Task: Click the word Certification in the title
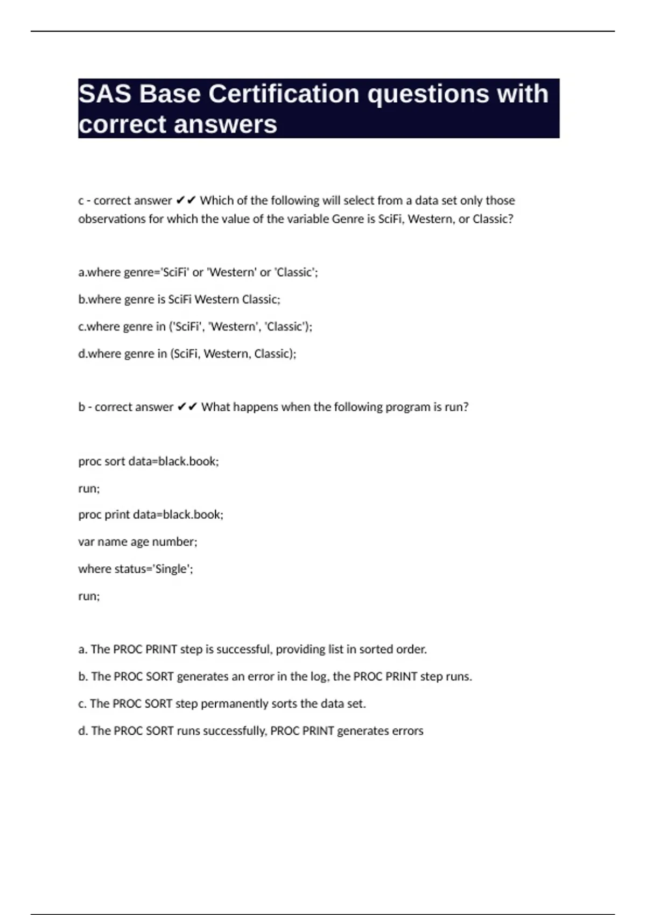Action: click(x=283, y=94)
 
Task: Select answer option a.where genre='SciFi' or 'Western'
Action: click(x=198, y=272)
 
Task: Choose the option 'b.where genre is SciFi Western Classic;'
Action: click(x=179, y=299)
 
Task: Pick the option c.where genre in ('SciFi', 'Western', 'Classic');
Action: click(x=195, y=327)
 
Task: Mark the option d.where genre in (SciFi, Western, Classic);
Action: click(x=187, y=354)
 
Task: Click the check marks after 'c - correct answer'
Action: click(x=186, y=201)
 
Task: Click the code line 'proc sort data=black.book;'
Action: click(x=149, y=461)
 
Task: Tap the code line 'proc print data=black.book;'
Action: click(x=151, y=515)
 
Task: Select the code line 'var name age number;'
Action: click(x=138, y=541)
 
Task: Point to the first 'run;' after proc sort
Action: click(x=89, y=488)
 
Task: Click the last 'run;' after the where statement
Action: click(x=89, y=596)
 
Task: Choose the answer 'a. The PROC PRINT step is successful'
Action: click(x=252, y=649)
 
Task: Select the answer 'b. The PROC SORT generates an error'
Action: click(x=275, y=677)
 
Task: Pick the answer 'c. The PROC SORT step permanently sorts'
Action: click(x=222, y=703)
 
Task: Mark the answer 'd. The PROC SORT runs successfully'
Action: click(x=251, y=731)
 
